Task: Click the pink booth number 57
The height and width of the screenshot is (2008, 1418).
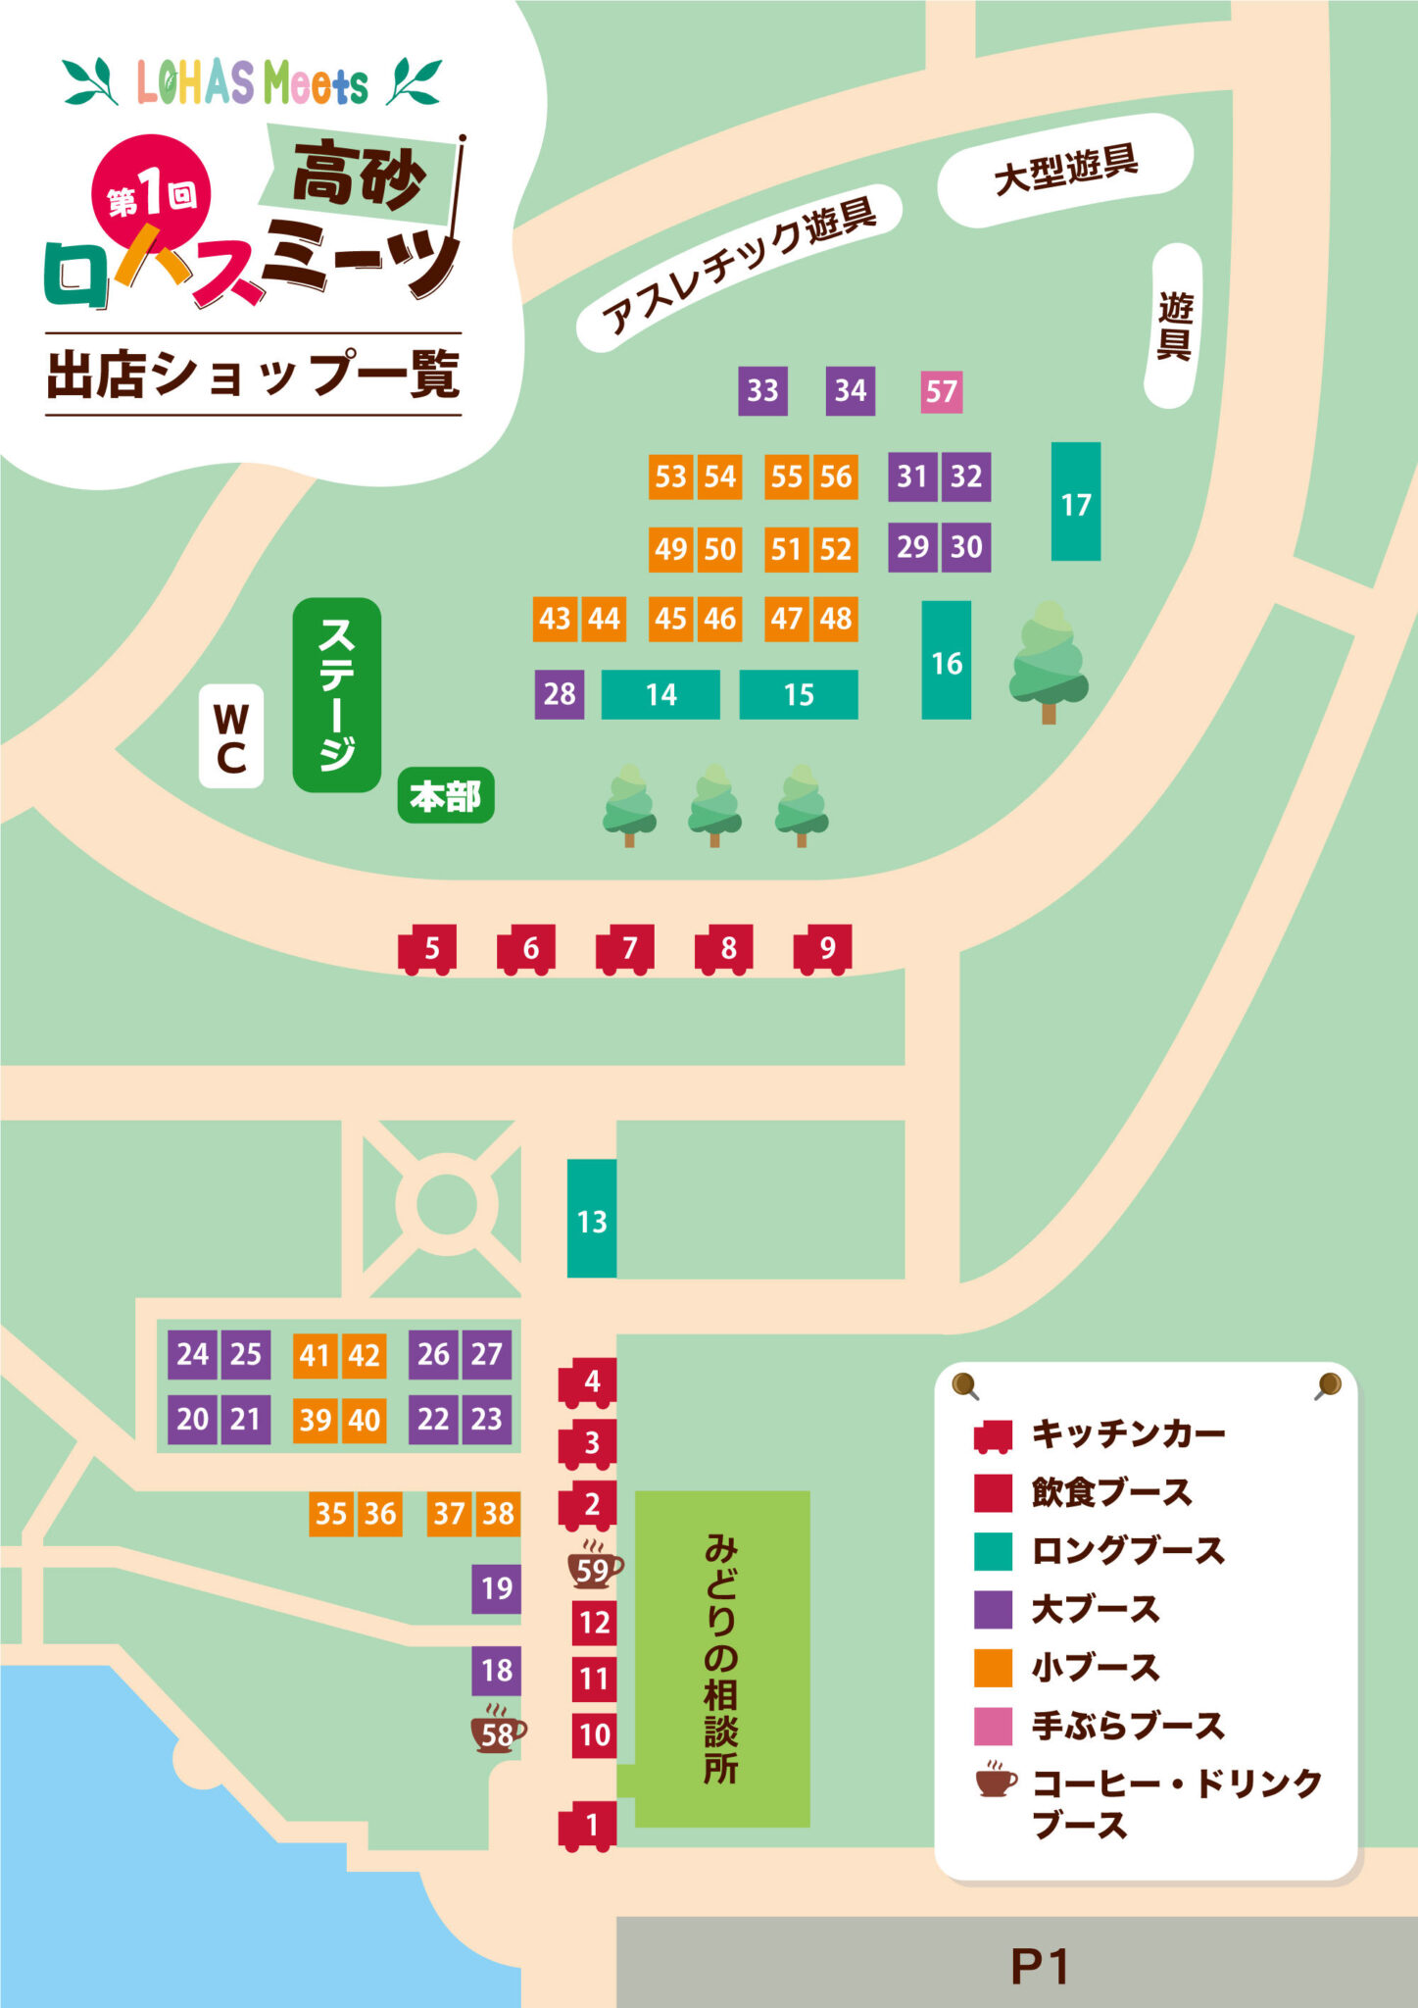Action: tap(941, 391)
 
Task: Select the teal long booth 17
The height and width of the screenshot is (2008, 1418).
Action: tap(1075, 502)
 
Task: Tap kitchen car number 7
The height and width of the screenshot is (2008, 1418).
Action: tap(625, 948)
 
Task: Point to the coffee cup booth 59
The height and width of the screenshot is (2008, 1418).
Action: tap(594, 1569)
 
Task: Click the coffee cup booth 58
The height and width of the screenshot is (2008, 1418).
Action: tap(498, 1734)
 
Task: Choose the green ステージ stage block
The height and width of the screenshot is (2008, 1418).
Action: tap(336, 694)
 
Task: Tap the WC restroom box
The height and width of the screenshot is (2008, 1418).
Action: tap(231, 736)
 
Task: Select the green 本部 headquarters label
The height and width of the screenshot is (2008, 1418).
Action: tap(446, 795)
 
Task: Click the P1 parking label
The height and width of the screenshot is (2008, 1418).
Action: tap(1039, 1965)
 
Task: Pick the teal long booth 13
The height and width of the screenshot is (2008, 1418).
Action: tap(592, 1219)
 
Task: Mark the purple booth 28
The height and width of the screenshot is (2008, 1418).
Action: tap(560, 694)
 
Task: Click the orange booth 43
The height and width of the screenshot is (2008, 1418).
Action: tap(555, 619)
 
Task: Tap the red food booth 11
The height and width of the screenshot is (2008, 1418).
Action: tap(594, 1679)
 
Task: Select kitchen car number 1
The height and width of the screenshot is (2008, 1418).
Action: tap(588, 1826)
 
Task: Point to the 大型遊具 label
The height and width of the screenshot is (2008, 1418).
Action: tap(1065, 170)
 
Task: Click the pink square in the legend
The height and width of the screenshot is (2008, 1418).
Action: tap(992, 1726)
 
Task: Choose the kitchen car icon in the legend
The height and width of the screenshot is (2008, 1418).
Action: tap(992, 1436)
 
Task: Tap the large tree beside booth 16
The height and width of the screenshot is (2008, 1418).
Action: tap(1049, 659)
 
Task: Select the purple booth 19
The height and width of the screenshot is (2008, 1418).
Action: tap(497, 1587)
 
